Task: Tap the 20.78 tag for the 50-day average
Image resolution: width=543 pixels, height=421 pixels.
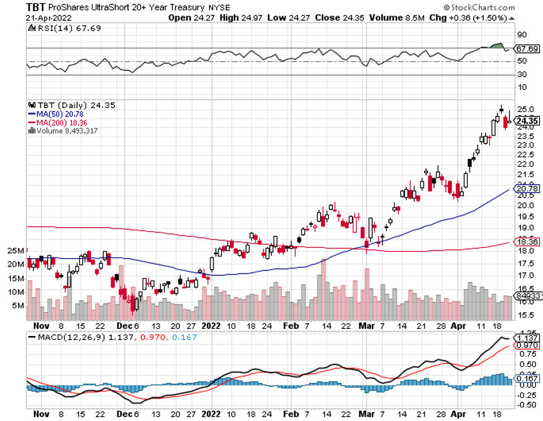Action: pos(527,189)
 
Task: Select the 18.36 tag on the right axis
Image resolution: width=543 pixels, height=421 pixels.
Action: pos(527,241)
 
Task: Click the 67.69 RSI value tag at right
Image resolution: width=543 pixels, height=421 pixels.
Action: pos(527,48)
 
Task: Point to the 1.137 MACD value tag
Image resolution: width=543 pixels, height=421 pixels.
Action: pos(527,337)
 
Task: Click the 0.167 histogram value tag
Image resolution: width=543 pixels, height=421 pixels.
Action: pos(527,379)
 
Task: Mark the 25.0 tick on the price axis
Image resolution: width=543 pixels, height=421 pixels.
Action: pos(525,109)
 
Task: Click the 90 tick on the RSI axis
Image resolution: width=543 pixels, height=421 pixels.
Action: pos(522,35)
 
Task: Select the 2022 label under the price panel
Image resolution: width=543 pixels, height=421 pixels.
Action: pos(211,326)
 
